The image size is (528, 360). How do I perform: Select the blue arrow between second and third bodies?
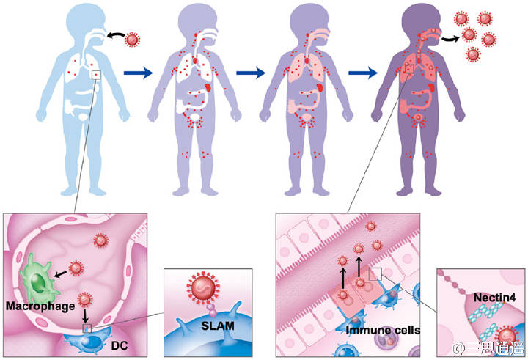click(x=250, y=73)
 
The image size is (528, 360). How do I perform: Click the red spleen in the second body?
click(x=208, y=87)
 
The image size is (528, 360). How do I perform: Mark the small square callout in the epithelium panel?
click(x=375, y=274)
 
